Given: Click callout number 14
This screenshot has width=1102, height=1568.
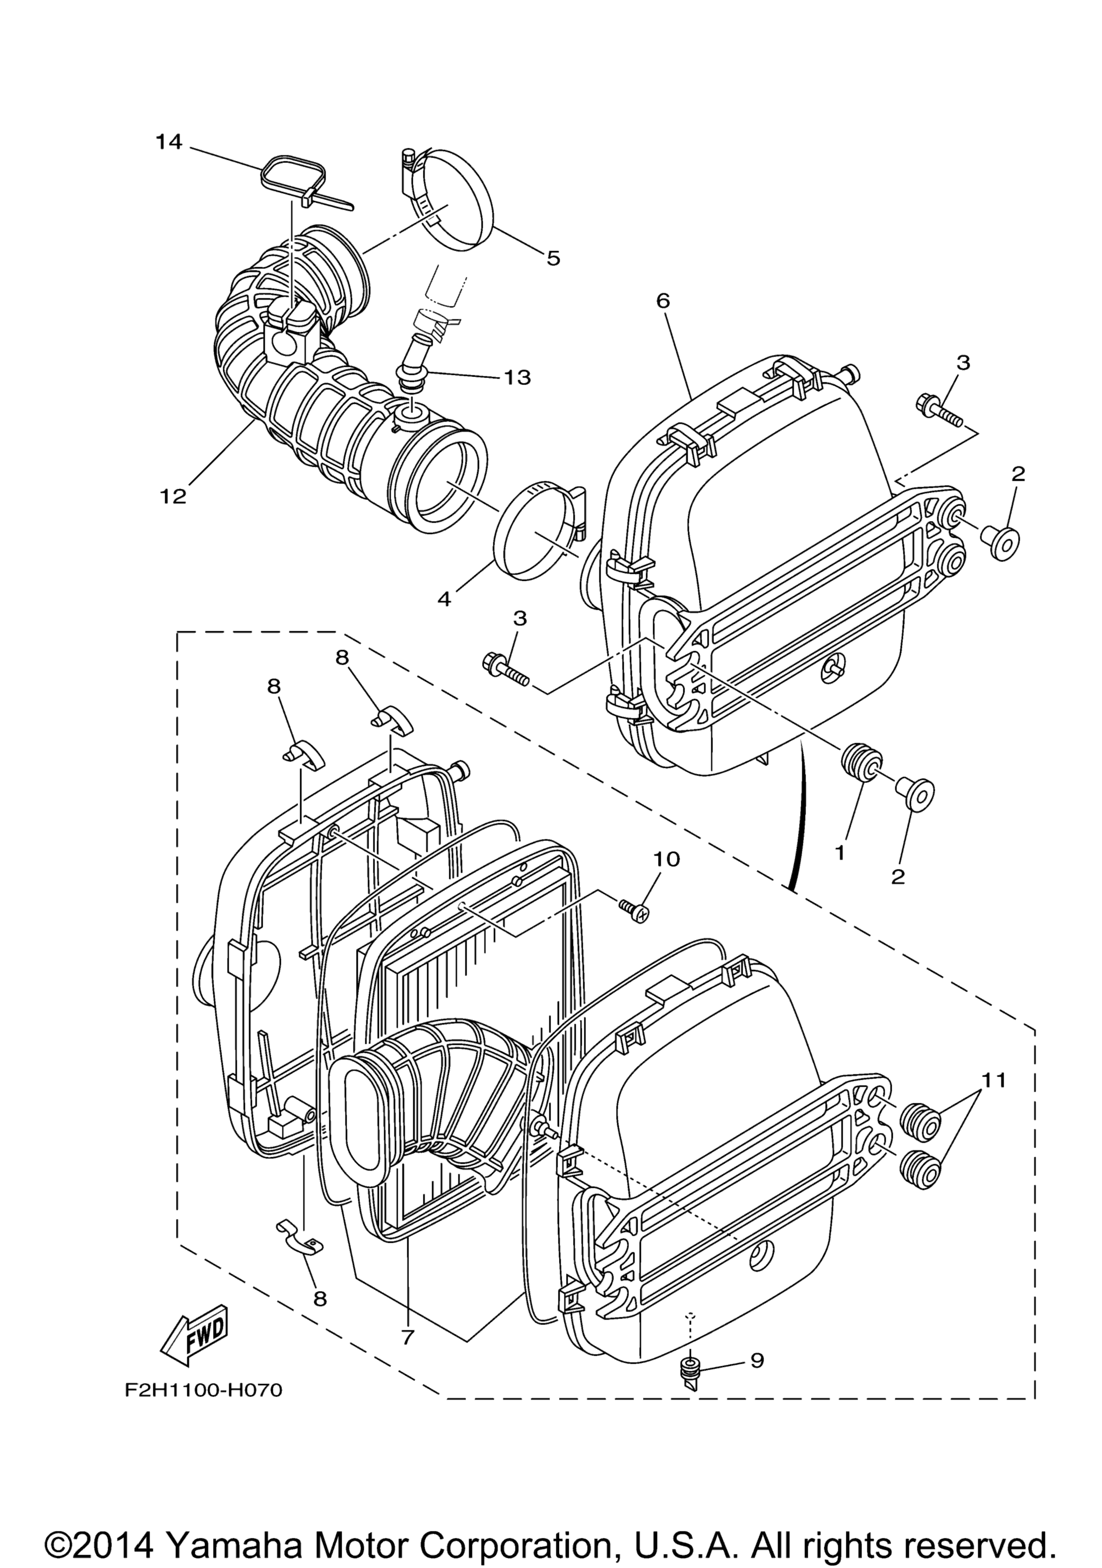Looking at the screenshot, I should (169, 142).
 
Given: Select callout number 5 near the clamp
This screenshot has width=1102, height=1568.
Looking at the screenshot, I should (553, 258).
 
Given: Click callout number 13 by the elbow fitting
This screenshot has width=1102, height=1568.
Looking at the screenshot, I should (517, 377).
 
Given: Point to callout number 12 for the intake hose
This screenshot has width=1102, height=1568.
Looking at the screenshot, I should (173, 496).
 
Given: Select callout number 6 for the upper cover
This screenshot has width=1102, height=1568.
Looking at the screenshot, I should (663, 301).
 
